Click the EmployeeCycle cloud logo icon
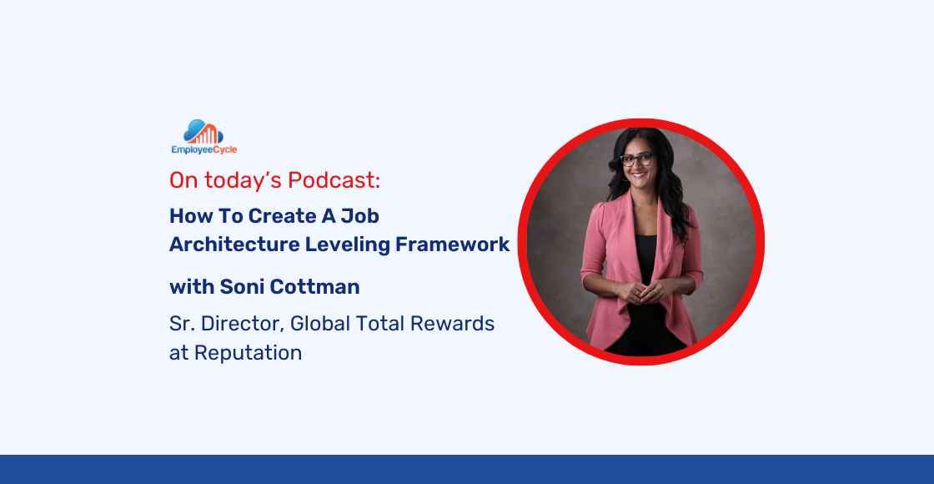[203, 132]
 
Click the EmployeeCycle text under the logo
[203, 150]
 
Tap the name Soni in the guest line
[240, 287]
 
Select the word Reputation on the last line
[248, 353]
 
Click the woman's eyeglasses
[637, 159]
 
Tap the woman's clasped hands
[640, 292]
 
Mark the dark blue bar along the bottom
[467, 469]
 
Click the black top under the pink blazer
[642, 250]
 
